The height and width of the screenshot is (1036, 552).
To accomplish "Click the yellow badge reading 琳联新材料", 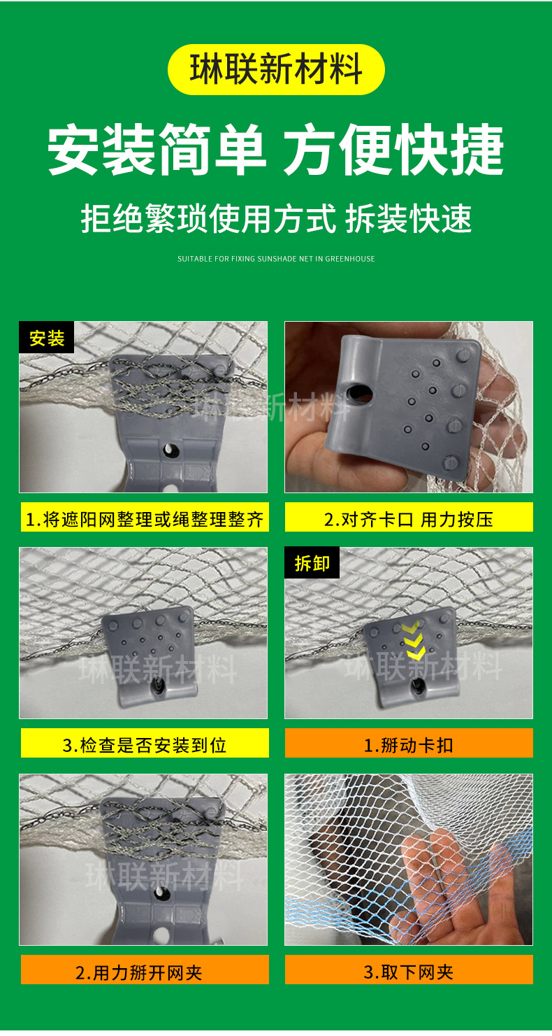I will (x=276, y=70).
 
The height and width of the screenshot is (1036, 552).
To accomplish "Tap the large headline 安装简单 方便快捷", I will (x=276, y=150).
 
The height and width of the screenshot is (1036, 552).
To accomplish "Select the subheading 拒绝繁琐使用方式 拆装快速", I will (x=276, y=218).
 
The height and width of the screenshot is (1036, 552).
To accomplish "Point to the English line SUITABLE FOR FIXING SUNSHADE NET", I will (x=276, y=259).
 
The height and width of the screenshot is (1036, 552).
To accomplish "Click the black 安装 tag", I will (x=47, y=339).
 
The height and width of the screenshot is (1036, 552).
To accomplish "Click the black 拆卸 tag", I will (x=312, y=563).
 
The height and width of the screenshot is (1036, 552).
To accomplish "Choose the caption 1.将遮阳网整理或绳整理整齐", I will (x=145, y=519).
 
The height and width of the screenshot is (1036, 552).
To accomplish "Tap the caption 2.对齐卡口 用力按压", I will (x=409, y=519).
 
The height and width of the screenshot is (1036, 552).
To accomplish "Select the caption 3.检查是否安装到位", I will (x=145, y=745).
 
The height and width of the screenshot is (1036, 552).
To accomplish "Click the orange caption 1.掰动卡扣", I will (x=409, y=745).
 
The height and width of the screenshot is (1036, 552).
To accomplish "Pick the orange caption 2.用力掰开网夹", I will (x=145, y=972).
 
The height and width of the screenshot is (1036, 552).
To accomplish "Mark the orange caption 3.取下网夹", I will (x=409, y=972).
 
